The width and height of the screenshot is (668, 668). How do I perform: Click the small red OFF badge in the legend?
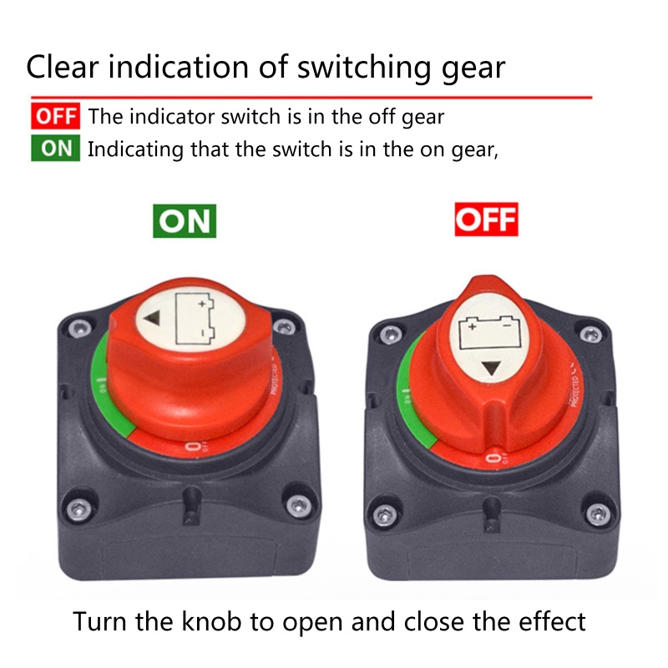point(55,116)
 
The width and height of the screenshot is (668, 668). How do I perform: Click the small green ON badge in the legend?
point(55,149)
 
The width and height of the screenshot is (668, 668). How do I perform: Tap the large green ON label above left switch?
point(184,220)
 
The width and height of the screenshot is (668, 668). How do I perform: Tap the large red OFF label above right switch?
point(486,220)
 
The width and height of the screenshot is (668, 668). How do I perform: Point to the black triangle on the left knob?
point(153,318)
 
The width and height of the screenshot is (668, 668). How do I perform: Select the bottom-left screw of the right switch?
point(384,509)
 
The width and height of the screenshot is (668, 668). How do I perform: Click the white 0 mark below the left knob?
point(193,448)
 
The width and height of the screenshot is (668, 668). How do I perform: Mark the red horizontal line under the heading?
point(309,98)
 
